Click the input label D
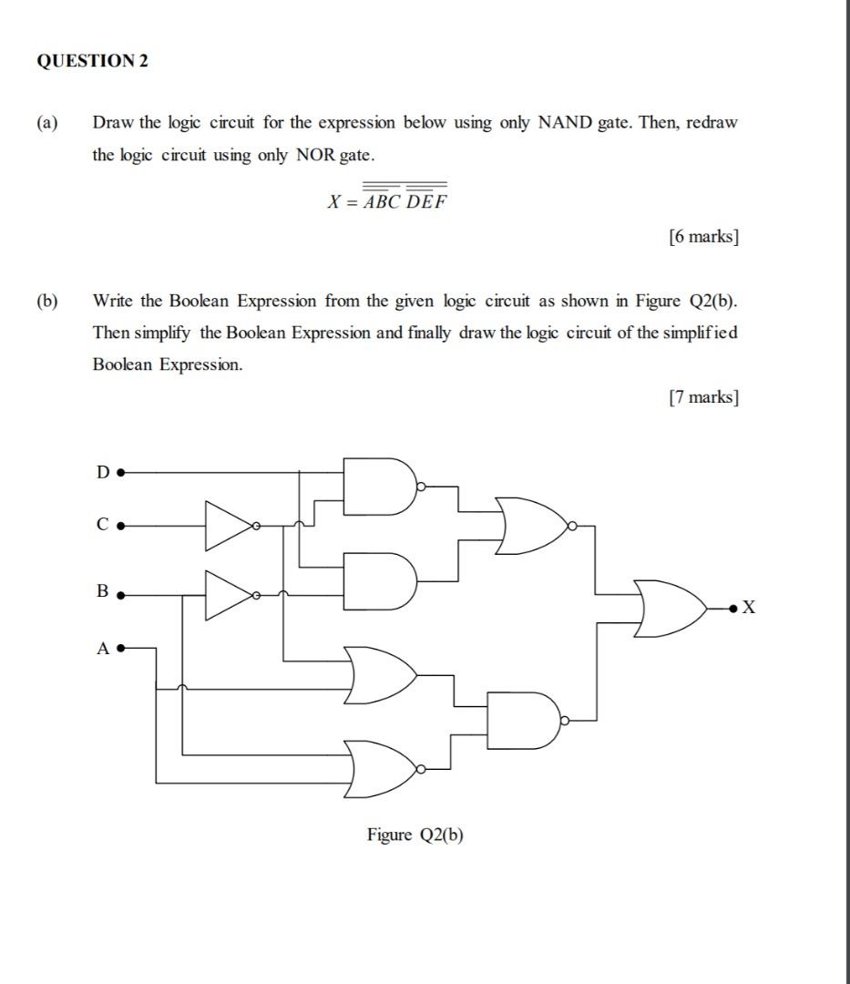coord(103,472)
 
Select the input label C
coord(103,525)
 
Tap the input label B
coord(102,590)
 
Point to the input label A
coord(103,649)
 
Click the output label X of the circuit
coord(749,608)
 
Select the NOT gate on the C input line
coord(229,526)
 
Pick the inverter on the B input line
coord(229,595)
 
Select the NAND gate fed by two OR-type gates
coord(523,720)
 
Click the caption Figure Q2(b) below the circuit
coord(415,835)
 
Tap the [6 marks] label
coord(703,237)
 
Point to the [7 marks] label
coord(703,397)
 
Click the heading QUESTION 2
coord(92,61)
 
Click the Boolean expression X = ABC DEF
coord(387,201)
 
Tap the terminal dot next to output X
coord(732,608)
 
